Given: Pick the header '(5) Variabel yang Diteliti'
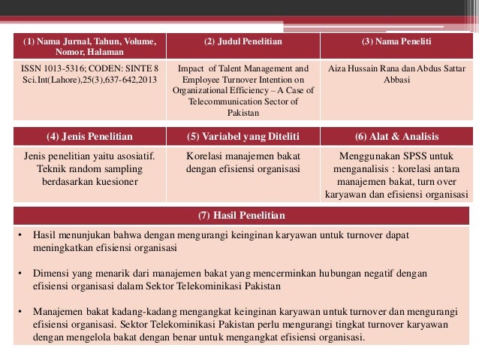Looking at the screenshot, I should click(243, 137).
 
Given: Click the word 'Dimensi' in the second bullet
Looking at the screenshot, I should click(50, 274).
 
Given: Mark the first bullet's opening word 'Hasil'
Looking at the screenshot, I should click(45, 236).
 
